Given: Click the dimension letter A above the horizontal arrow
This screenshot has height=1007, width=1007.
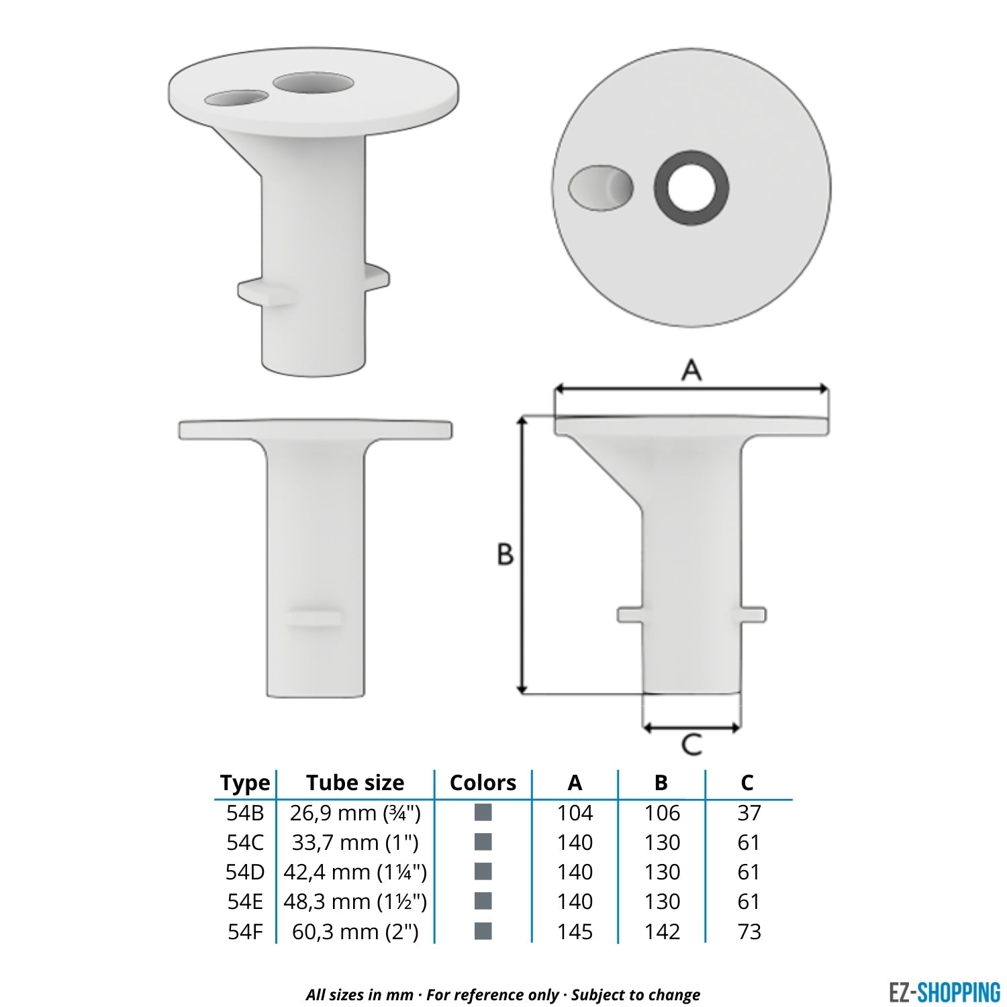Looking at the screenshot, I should click(691, 370).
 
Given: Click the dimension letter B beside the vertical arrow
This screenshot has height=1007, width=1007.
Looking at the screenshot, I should click(505, 555).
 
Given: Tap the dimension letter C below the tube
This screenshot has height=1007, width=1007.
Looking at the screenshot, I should click(691, 745).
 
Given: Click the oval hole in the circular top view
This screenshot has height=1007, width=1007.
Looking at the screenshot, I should click(600, 187).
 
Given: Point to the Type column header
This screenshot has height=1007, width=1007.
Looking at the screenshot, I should click(245, 783).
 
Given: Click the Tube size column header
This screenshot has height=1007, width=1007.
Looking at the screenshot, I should click(355, 783).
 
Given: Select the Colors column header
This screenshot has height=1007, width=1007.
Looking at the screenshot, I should click(483, 783).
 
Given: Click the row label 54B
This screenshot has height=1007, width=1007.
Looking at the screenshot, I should click(245, 813).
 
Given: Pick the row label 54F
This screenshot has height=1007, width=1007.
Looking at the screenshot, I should click(245, 932).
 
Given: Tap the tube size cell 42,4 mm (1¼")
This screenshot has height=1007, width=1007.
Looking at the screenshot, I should click(355, 872).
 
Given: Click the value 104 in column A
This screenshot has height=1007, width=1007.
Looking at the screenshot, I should click(575, 813).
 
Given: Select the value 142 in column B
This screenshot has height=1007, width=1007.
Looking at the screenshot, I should click(662, 932).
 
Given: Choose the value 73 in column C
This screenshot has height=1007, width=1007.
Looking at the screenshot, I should click(749, 932).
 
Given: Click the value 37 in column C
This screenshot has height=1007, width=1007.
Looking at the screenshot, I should click(749, 813).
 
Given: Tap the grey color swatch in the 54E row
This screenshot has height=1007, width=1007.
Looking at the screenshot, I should click(483, 901).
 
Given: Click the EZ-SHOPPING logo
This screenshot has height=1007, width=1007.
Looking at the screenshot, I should click(944, 992).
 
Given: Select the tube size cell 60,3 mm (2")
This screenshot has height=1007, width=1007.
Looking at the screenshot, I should click(355, 932).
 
